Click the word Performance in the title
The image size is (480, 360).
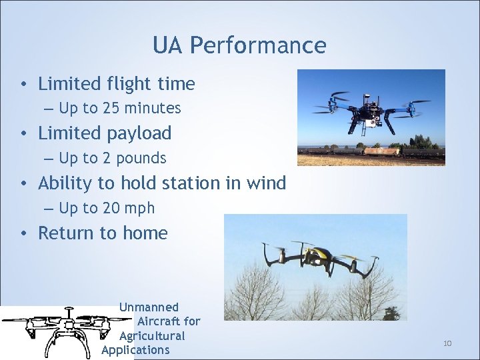(258, 45)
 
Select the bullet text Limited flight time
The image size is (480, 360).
(117, 84)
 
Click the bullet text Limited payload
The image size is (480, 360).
(105, 133)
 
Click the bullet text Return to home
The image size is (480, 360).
(103, 233)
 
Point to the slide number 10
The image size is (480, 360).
(447, 343)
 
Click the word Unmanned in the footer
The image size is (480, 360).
(149, 307)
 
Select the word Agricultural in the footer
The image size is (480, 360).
(152, 336)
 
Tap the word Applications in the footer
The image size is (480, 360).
(136, 350)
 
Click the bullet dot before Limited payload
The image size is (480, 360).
(23, 134)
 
